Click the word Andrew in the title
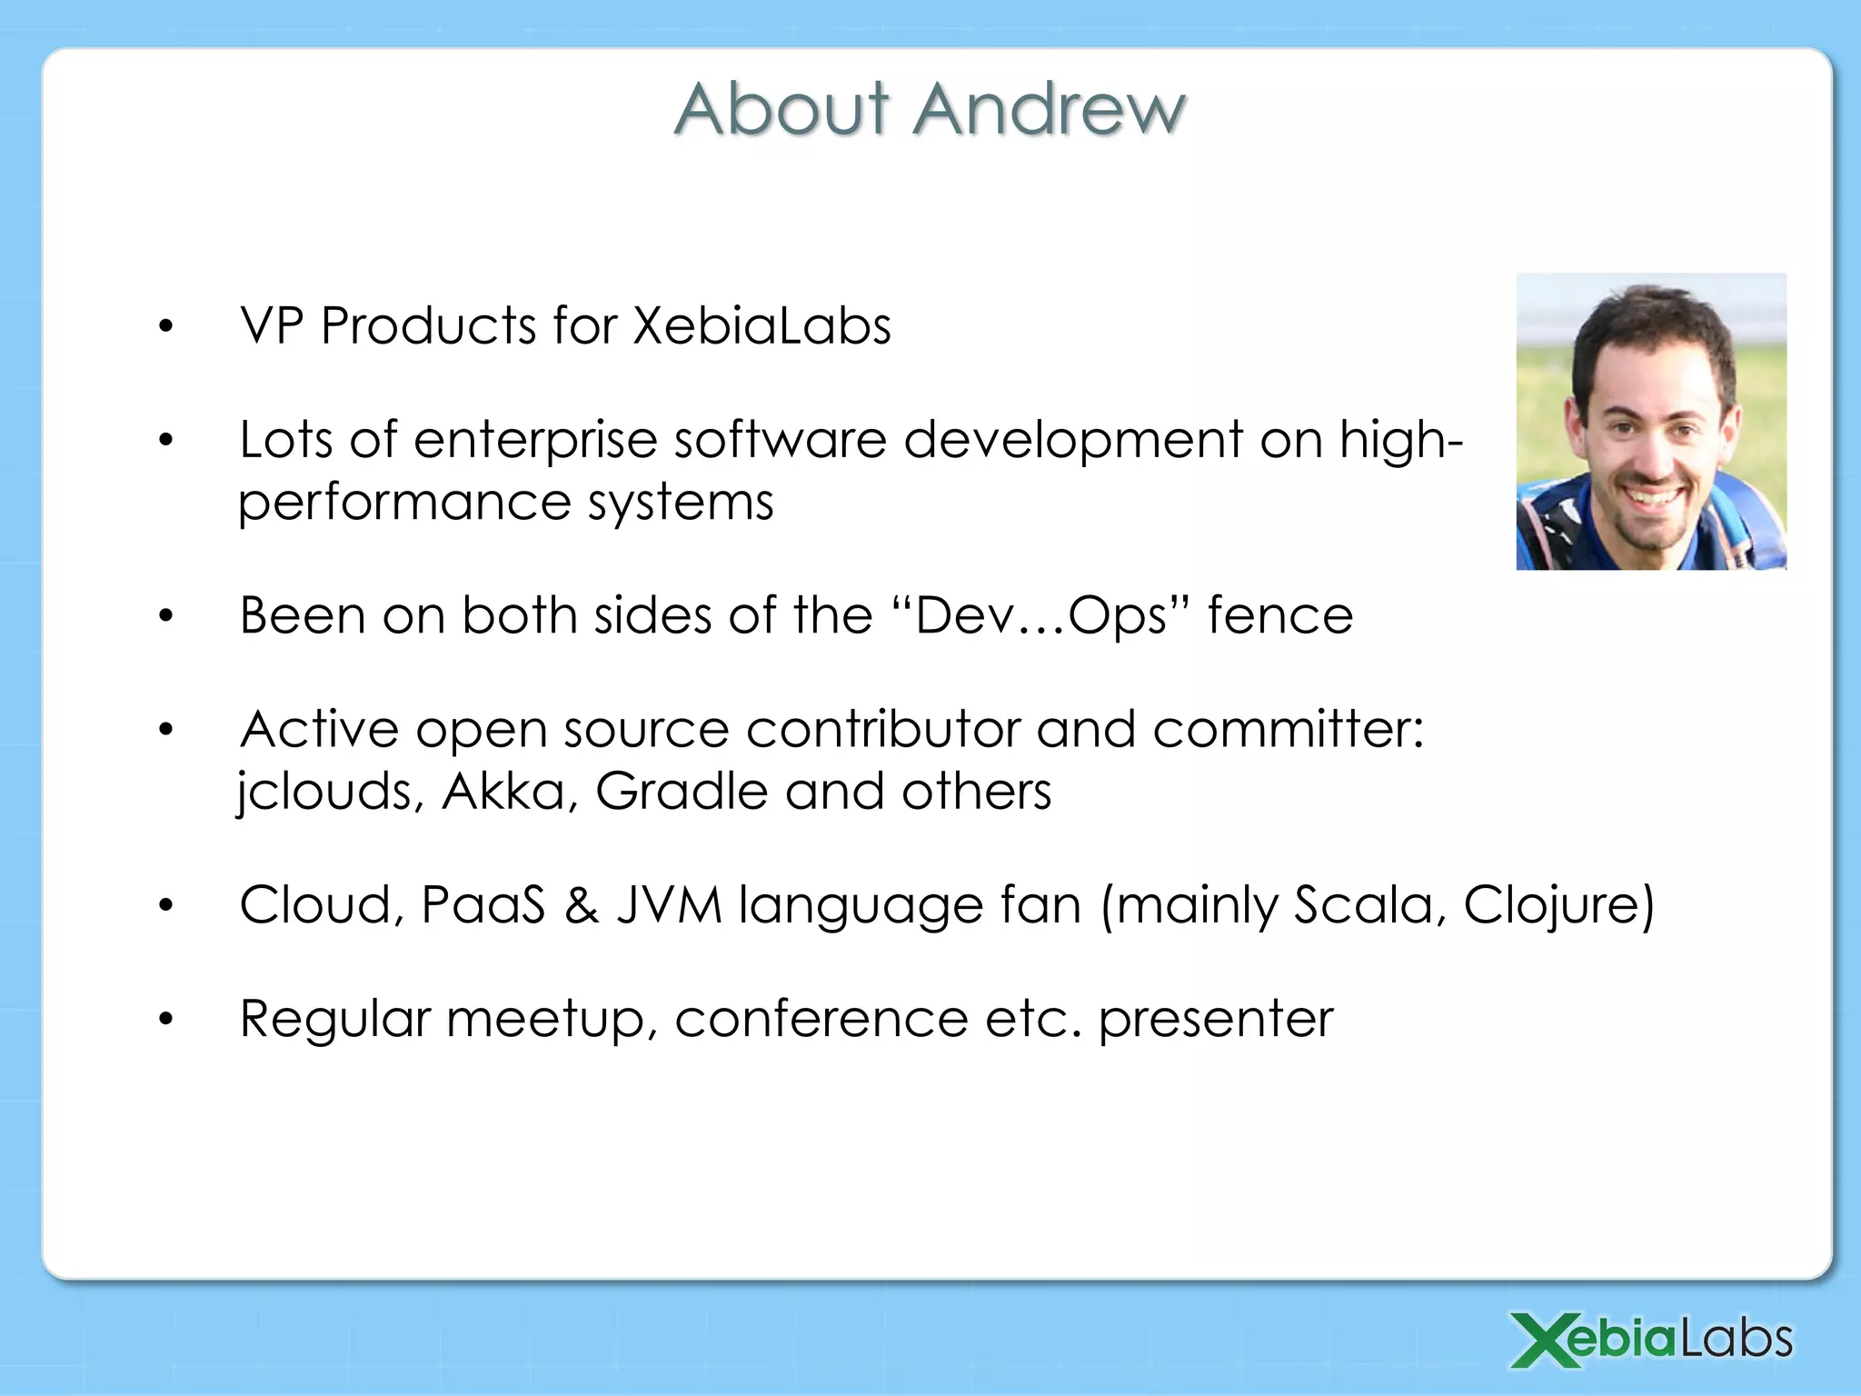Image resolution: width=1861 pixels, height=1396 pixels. [1050, 109]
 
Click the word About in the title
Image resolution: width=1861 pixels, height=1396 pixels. [781, 109]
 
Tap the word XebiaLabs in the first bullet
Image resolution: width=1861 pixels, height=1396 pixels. [761, 325]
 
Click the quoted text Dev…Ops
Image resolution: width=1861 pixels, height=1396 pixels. [1040, 616]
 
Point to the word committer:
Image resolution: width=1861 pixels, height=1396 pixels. [1288, 730]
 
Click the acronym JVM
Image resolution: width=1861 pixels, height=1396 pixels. [670, 905]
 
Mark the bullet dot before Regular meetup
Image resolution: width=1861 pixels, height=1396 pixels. [165, 1020]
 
